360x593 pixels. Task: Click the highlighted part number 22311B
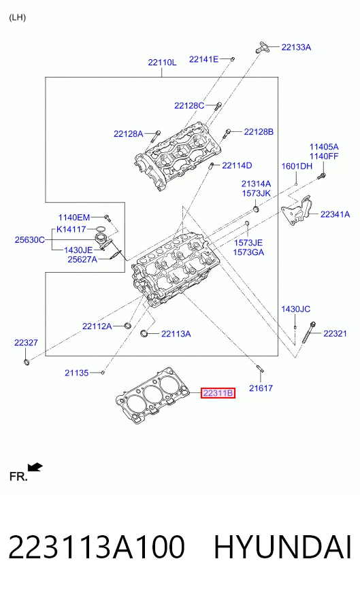(x=218, y=393)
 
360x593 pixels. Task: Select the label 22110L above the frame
(x=162, y=63)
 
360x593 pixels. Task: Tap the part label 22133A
(x=296, y=48)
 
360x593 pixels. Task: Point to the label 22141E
(x=203, y=59)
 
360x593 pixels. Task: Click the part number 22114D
(x=237, y=165)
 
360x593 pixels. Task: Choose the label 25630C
(x=29, y=240)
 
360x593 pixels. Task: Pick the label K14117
(x=71, y=229)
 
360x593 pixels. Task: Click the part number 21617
(x=261, y=388)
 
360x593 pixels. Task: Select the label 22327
(x=26, y=343)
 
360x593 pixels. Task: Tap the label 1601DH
(x=297, y=166)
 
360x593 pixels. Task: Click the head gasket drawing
(x=152, y=396)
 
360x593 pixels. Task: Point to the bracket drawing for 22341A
(x=295, y=211)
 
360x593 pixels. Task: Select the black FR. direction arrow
(x=35, y=467)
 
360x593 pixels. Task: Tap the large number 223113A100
(x=97, y=547)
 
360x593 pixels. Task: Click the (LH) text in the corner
(x=18, y=18)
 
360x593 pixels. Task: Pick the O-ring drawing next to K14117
(x=101, y=228)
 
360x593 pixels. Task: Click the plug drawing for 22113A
(x=144, y=333)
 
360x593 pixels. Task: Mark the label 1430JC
(x=295, y=309)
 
